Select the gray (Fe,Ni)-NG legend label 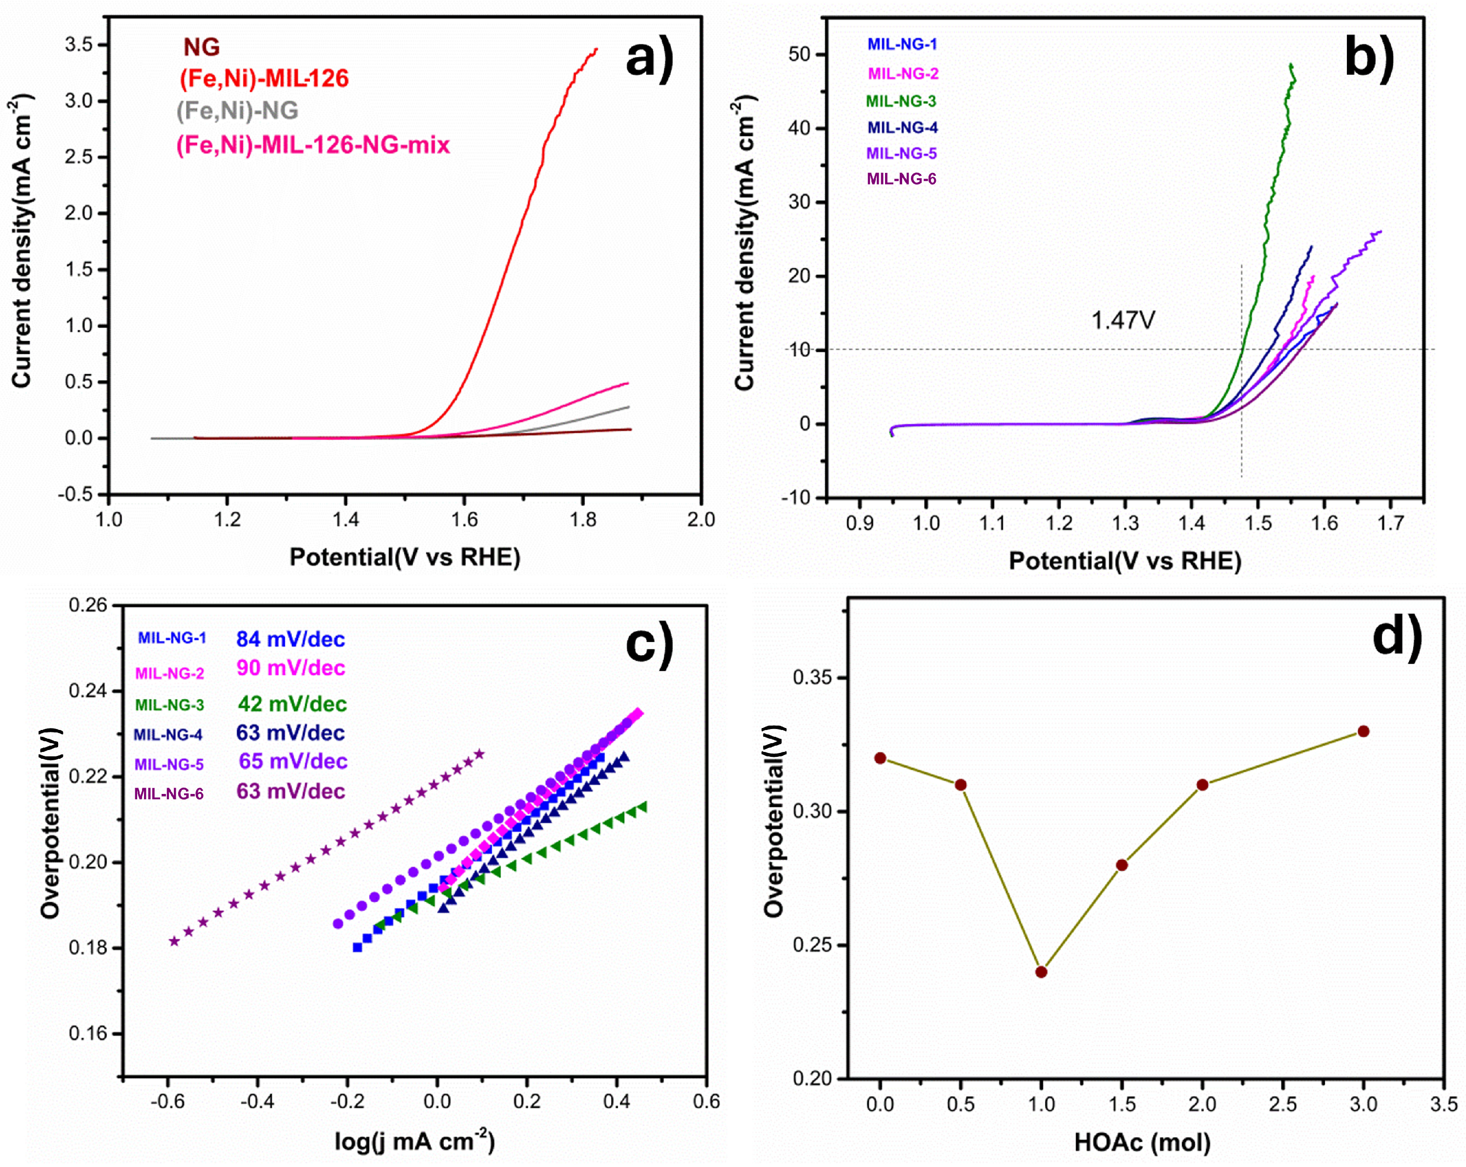[237, 111]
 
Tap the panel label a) [649, 59]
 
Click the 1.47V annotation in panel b [1123, 320]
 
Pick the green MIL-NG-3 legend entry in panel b [901, 102]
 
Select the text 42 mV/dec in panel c [292, 704]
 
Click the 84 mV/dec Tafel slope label [290, 639]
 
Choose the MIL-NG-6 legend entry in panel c [168, 793]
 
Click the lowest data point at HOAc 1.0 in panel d [1041, 972]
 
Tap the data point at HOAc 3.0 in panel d [1363, 731]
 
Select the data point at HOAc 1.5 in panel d [1122, 865]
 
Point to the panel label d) [1397, 637]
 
